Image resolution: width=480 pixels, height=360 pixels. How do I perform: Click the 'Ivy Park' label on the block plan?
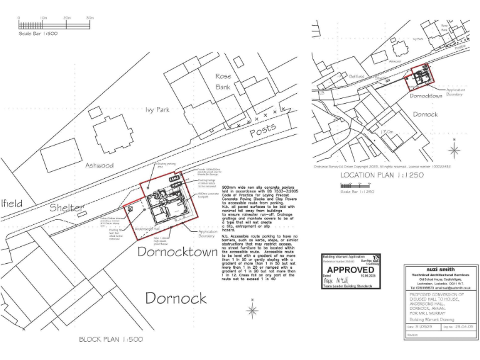point(157,109)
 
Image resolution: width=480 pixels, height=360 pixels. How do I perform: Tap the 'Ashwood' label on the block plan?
point(99,166)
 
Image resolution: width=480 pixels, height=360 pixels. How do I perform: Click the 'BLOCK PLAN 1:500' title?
point(111,339)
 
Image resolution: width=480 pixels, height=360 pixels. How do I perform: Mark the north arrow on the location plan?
point(455,150)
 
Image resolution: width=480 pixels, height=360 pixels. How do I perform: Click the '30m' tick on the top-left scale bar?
point(90,18)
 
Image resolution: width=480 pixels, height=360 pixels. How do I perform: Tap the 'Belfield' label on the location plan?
point(356,76)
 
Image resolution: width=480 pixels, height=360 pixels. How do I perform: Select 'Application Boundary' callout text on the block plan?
point(207,234)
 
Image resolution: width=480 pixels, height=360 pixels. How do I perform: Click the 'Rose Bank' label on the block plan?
point(223,82)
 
